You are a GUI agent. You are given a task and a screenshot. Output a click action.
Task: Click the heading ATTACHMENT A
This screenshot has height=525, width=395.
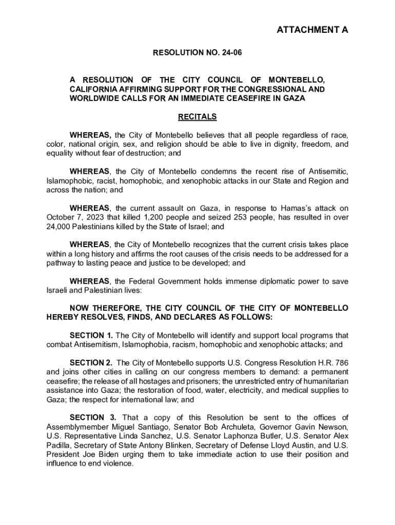point(312,30)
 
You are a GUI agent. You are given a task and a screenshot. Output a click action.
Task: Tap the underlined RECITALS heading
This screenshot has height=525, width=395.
point(197,117)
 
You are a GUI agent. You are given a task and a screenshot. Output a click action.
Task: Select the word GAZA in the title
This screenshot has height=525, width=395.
point(294,98)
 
